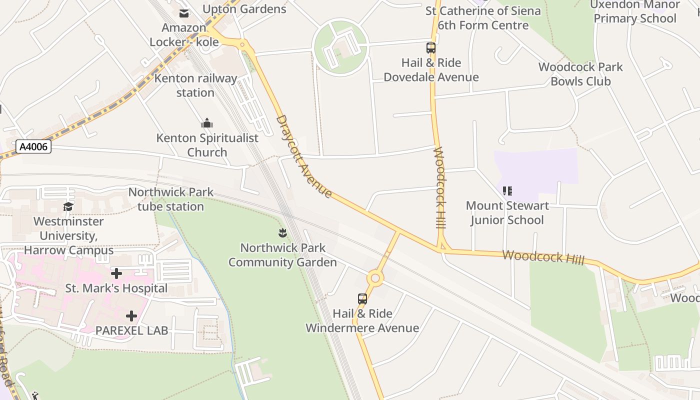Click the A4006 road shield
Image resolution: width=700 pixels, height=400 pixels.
pos(34,147)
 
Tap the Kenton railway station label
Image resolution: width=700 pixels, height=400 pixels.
pos(195,85)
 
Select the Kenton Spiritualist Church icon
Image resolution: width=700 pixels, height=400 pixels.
pos(207,123)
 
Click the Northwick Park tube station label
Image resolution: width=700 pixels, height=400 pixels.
pos(171,199)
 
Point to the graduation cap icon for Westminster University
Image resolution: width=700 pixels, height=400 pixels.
pos(68,206)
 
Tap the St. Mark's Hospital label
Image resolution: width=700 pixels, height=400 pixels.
pos(116,288)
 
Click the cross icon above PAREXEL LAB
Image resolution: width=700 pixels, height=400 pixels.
pos(131,316)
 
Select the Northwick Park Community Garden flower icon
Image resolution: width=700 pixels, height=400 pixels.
pos(282,233)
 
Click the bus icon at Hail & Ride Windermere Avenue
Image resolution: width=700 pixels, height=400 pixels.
pos(362,299)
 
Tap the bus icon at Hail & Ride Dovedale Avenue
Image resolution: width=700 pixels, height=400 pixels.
pos(431,48)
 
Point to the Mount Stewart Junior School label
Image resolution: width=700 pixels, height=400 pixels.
pos(507,213)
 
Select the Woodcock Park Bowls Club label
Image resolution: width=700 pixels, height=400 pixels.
pos(580,74)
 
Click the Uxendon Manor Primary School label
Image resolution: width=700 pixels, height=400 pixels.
pos(635,11)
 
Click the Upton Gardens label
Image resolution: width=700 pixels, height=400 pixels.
pos(244,9)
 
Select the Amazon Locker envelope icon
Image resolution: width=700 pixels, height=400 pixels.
pos(184,13)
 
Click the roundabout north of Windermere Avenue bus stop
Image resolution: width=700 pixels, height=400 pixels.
pos(374,278)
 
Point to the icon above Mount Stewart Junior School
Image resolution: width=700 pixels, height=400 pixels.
pos(507,190)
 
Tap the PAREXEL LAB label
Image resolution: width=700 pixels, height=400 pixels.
pos(131,330)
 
